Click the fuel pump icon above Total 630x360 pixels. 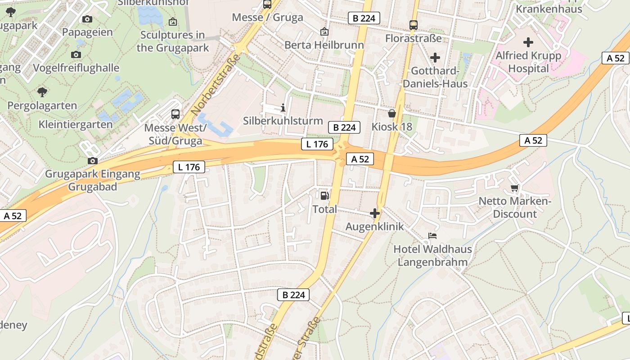[324, 195]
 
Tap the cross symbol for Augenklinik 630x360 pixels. [374, 213]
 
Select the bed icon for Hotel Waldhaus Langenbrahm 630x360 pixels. [432, 235]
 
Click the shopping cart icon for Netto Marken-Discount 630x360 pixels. [514, 188]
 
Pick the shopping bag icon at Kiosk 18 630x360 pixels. [392, 113]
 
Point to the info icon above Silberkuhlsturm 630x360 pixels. [283, 108]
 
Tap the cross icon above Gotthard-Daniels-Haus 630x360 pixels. [435, 58]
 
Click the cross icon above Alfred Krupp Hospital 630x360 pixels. [528, 42]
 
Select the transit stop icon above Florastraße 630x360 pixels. [414, 25]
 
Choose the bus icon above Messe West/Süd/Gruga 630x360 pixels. [175, 114]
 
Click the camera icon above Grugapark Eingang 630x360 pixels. [93, 161]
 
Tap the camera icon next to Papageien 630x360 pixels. [87, 19]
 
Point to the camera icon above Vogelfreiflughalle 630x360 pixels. [76, 54]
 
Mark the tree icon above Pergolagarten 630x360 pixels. [42, 92]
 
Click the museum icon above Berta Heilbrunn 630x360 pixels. [324, 31]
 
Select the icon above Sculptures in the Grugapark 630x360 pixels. [172, 21]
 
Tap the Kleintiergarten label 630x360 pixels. [76, 124]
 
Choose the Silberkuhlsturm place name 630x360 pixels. [283, 121]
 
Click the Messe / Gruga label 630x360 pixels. [267, 18]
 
